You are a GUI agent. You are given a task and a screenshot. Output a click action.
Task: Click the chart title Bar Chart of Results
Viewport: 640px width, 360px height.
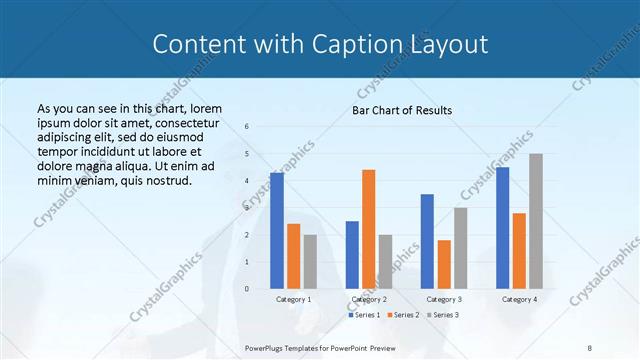[x=402, y=109]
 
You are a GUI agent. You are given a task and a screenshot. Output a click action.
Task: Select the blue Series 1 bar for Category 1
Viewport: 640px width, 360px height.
[x=277, y=231]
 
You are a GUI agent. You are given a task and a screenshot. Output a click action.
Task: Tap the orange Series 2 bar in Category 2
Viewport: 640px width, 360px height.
[x=369, y=229]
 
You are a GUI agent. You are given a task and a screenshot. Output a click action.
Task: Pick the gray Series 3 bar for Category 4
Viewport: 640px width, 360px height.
[x=536, y=221]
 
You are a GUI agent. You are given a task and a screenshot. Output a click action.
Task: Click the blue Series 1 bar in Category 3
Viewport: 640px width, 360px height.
[x=427, y=241]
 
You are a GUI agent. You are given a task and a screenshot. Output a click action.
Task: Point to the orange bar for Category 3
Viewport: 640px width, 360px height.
[x=444, y=264]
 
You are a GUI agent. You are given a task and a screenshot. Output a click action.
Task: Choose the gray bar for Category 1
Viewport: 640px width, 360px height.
[x=310, y=262]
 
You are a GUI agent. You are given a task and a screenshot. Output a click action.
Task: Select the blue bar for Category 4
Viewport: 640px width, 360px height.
[x=502, y=228]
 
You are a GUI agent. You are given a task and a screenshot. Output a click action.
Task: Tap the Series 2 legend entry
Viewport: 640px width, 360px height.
[x=402, y=315]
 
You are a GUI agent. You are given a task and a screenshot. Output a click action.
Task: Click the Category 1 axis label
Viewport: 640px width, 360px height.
[x=294, y=299]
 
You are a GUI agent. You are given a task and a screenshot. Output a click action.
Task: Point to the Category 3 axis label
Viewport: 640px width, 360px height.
[x=444, y=299]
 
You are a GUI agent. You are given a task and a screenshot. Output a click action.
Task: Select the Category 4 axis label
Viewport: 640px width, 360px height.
[x=519, y=299]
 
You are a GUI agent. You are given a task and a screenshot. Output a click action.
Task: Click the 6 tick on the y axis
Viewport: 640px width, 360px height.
[x=246, y=126]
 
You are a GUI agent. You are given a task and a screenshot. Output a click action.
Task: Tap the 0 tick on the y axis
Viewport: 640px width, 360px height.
[x=246, y=289]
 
